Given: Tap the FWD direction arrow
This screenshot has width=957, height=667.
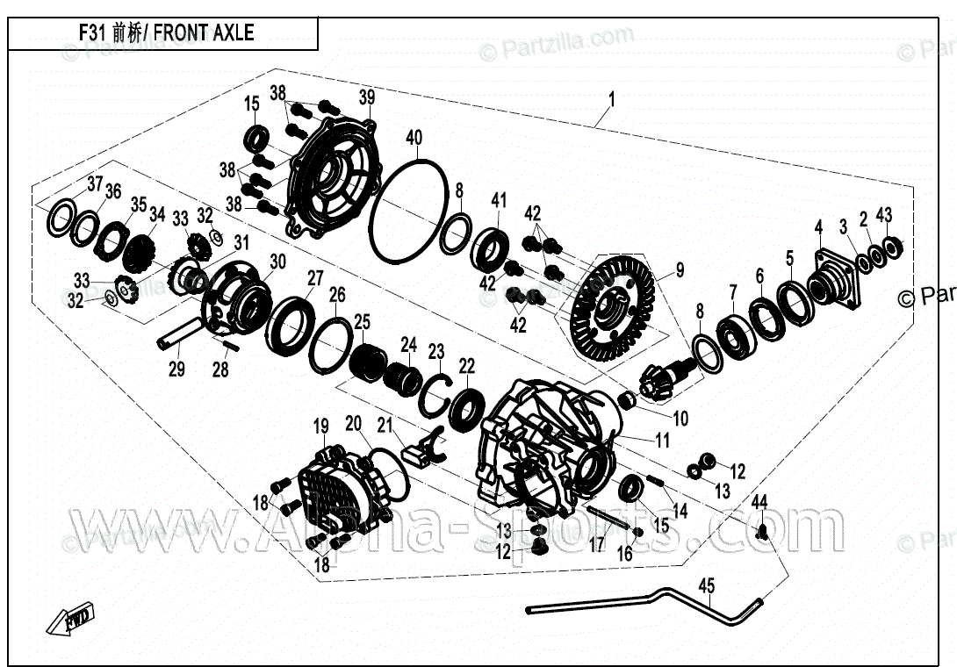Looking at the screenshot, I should click(x=73, y=620).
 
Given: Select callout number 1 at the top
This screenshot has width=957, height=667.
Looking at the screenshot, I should click(x=611, y=99).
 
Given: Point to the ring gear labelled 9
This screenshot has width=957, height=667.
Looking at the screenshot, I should click(x=612, y=305).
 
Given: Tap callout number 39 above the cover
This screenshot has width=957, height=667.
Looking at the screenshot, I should click(x=366, y=97).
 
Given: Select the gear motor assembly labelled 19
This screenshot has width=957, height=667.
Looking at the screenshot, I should click(x=338, y=492).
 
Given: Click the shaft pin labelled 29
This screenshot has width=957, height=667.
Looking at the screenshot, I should click(x=180, y=334).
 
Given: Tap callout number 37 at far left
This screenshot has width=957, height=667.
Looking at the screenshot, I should click(x=94, y=183).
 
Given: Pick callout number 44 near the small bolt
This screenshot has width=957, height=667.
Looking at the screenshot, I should click(x=759, y=502).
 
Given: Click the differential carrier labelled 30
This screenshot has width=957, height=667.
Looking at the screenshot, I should click(x=237, y=294).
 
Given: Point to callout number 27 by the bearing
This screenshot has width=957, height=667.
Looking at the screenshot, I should click(x=314, y=279).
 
